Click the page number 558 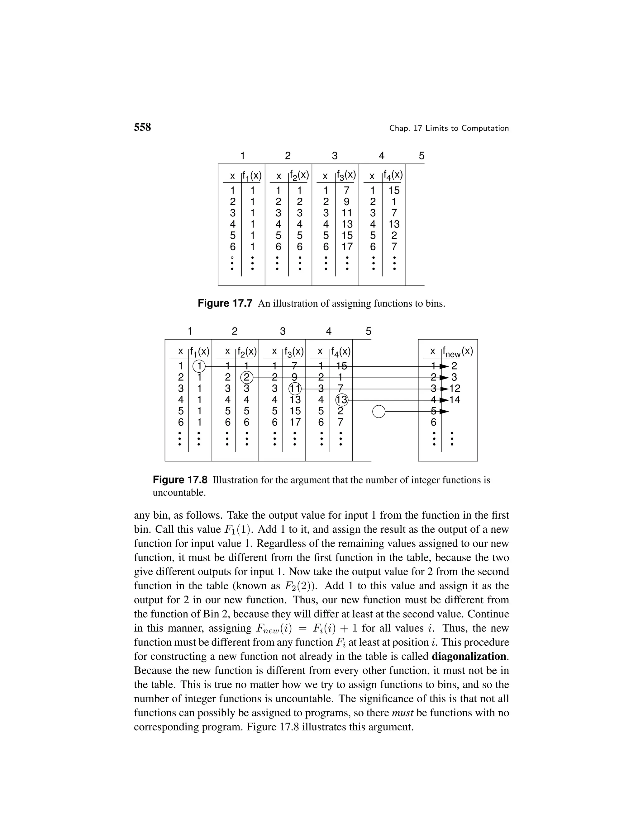click(142, 127)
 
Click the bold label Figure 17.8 click(180, 480)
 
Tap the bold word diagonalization click(470, 656)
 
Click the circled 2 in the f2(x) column click(246, 377)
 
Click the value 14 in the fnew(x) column click(455, 400)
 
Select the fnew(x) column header click(457, 352)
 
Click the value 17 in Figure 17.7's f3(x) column click(347, 247)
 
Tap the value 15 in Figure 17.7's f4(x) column click(394, 191)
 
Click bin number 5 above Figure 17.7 click(421, 156)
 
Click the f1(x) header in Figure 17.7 click(252, 176)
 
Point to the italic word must click(402, 713)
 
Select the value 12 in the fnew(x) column click(455, 388)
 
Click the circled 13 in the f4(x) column click(341, 400)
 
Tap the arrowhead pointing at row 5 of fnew click(445, 411)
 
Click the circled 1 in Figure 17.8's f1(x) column click(199, 366)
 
